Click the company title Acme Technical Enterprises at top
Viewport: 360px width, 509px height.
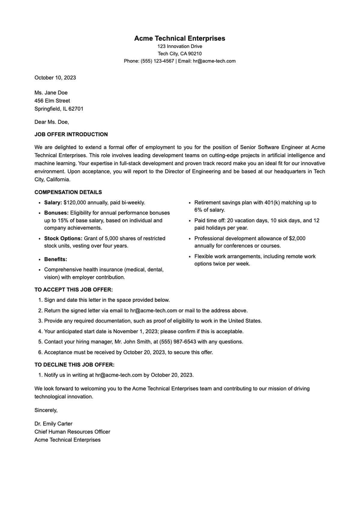(x=179, y=38)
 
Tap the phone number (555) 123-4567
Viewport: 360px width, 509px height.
(x=157, y=61)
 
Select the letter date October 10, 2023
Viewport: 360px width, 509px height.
(x=55, y=78)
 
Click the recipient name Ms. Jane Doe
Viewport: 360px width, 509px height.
(x=51, y=93)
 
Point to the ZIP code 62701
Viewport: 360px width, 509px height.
(x=76, y=109)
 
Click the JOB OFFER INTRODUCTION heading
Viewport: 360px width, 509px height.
(x=71, y=134)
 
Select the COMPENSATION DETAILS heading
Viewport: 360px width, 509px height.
(x=68, y=192)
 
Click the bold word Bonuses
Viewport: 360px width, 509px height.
(x=56, y=213)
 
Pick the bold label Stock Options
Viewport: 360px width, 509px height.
(x=63, y=238)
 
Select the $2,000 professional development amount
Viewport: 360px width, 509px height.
(x=297, y=238)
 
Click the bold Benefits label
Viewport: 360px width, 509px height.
(x=55, y=259)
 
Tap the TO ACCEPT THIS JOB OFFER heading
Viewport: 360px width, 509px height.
(x=73, y=290)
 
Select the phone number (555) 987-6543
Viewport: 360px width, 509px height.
(x=178, y=342)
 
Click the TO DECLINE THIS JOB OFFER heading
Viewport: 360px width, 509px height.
(x=74, y=365)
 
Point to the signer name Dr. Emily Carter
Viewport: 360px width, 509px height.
(x=53, y=424)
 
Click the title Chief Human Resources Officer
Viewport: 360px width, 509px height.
(x=72, y=432)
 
